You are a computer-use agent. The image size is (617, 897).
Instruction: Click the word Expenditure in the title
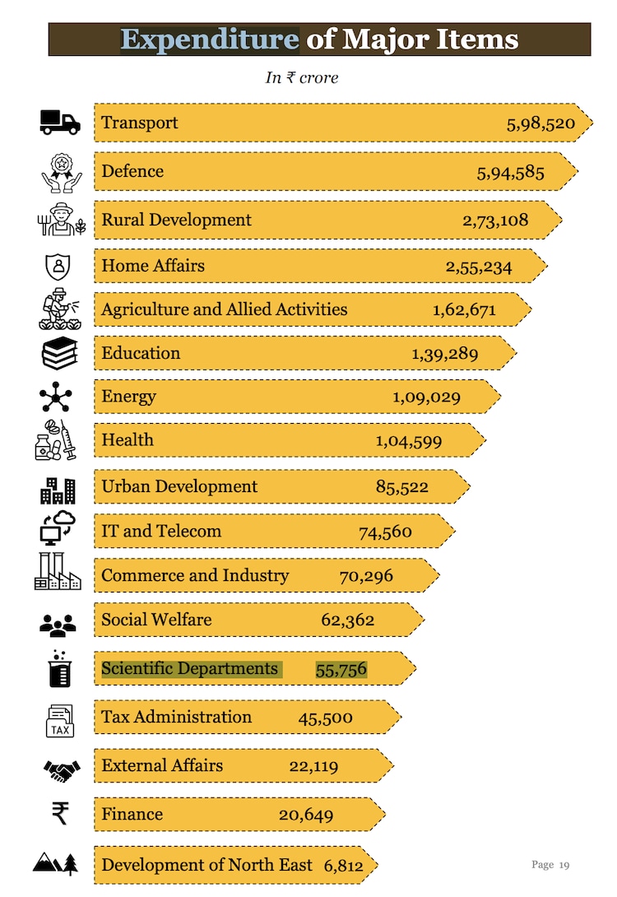tap(210, 39)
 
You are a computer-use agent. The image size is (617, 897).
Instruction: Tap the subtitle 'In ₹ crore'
tap(301, 77)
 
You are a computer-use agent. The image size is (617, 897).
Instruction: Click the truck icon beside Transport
tap(60, 123)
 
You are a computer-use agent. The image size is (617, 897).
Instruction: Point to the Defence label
tap(132, 171)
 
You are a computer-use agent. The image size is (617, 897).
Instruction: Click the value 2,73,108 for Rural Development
tap(495, 220)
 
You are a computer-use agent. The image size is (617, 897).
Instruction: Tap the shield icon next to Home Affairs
tap(58, 266)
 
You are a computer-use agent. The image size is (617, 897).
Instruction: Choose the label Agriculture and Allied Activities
tap(224, 309)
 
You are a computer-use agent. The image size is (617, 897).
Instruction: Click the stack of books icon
tap(59, 353)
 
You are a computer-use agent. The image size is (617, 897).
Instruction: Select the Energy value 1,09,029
tap(426, 397)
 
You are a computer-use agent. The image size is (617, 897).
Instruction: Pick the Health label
tap(128, 439)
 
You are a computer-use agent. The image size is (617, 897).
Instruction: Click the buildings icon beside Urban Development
tap(58, 490)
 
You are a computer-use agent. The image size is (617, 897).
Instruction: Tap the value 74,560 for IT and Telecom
tap(385, 532)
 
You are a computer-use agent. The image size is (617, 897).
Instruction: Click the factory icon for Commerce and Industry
tap(58, 572)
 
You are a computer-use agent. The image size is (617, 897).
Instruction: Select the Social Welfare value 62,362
tap(347, 620)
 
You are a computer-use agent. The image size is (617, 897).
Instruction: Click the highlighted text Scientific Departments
tap(190, 668)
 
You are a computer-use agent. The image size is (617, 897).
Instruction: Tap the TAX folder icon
tap(60, 721)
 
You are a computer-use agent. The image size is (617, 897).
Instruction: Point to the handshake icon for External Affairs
tap(62, 770)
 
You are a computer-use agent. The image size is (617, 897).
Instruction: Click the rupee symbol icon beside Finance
tap(60, 814)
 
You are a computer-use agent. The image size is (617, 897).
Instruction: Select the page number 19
tap(564, 864)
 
